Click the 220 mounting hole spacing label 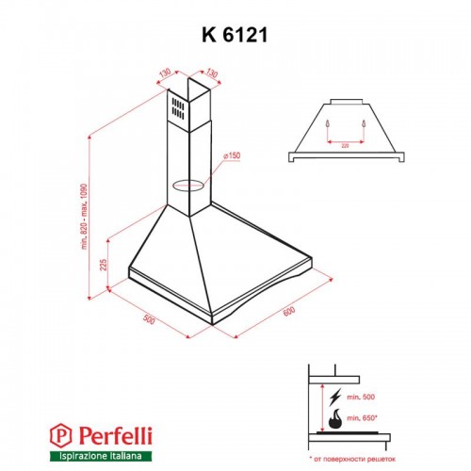click(345, 144)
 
